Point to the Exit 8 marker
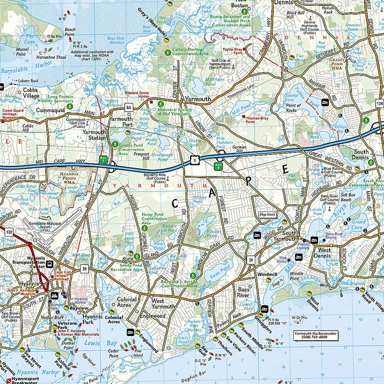point(218,165)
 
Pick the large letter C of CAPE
point(175,203)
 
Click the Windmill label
point(266,273)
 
